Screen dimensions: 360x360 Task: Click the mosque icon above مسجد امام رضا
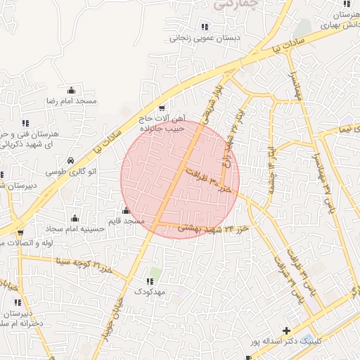pyautogui.click(x=71, y=90)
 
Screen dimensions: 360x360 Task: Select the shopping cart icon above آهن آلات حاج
pyautogui.click(x=162, y=108)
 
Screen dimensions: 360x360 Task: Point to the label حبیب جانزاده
pyautogui.click(x=164, y=129)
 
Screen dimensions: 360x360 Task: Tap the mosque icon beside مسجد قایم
pyautogui.click(x=127, y=210)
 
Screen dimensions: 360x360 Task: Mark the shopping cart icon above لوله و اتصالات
pyautogui.click(x=20, y=233)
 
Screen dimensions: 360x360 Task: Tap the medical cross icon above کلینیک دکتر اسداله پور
pyautogui.click(x=285, y=330)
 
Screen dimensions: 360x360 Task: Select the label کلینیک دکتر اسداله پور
pyautogui.click(x=288, y=342)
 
